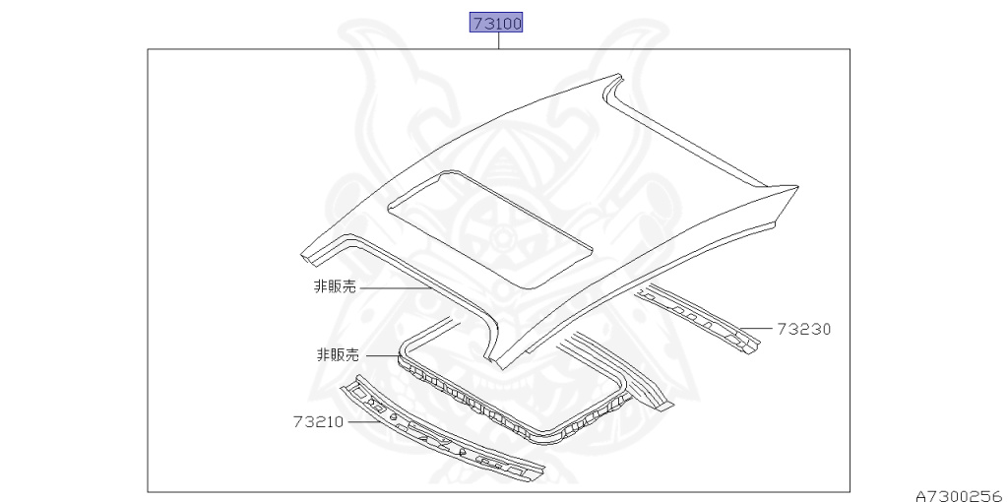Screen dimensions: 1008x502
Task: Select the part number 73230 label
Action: (803, 330)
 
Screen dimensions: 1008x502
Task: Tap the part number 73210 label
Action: (317, 421)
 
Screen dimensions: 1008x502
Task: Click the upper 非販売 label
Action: (335, 286)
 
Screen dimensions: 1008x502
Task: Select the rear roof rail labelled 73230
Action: (699, 317)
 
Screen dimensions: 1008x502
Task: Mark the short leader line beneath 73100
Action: (498, 41)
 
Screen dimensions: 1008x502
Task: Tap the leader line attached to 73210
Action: (362, 420)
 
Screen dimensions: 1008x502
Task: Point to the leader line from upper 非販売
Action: (394, 287)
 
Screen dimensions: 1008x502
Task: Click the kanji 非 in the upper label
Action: (319, 286)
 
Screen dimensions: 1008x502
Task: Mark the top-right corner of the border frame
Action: (849, 50)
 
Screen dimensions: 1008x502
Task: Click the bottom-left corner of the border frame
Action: (149, 491)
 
